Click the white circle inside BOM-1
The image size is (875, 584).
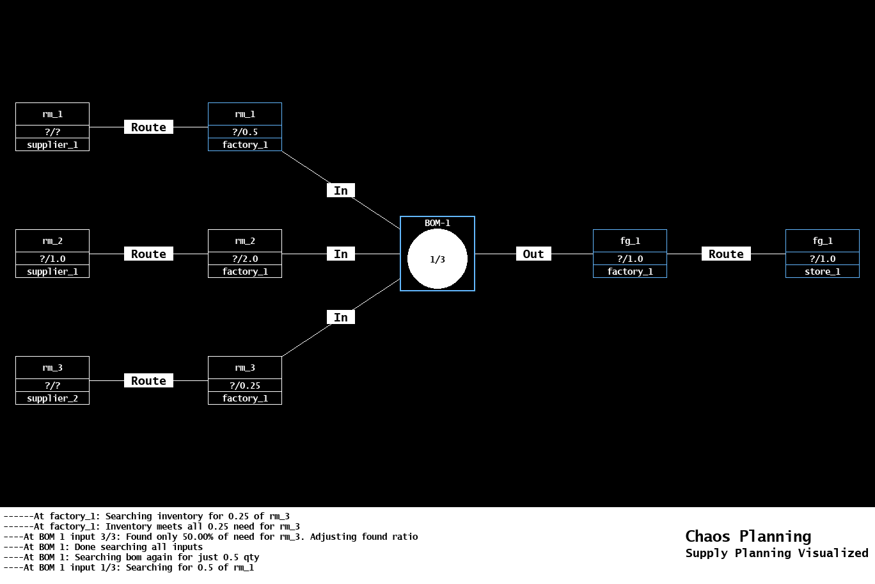tap(437, 259)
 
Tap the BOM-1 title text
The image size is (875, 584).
tap(437, 223)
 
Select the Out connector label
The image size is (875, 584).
tap(533, 254)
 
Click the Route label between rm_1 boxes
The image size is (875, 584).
tap(148, 127)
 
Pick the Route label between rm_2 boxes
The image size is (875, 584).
tap(148, 254)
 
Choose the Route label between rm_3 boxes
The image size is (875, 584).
tap(148, 381)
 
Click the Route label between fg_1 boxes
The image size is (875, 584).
tap(726, 254)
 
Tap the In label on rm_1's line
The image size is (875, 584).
tap(341, 191)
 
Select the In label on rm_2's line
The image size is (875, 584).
tap(341, 254)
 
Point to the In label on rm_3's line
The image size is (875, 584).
tap(341, 318)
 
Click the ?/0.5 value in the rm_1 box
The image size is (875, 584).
tap(245, 132)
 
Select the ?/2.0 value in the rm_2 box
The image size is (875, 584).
tap(245, 259)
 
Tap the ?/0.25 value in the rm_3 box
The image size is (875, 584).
tap(245, 385)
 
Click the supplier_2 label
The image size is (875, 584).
tap(52, 398)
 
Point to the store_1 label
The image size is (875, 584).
tap(823, 272)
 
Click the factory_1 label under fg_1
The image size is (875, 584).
tap(630, 272)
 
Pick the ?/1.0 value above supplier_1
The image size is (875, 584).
tap(52, 259)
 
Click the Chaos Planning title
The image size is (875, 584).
tap(748, 537)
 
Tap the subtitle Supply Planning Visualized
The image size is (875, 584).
tap(776, 553)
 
